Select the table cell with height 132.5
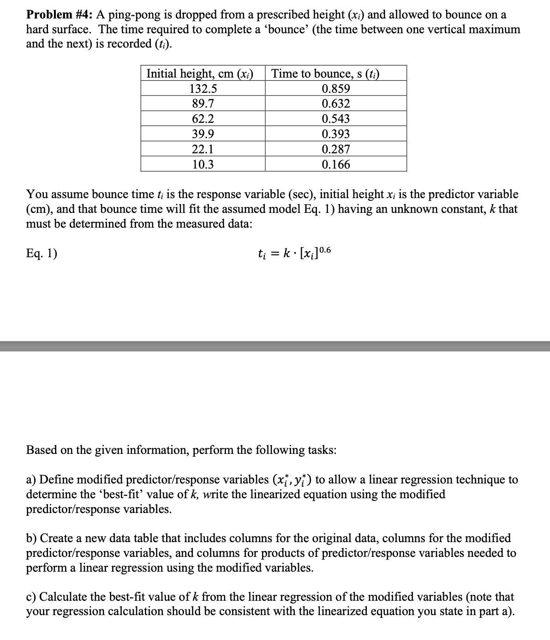[x=203, y=89]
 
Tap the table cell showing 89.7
[x=203, y=103]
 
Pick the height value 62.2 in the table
[x=203, y=119]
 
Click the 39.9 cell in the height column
[x=203, y=134]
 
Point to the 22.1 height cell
[x=203, y=149]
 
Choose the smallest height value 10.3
[x=203, y=164]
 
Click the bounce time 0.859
[x=336, y=89]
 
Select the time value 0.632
[x=336, y=103]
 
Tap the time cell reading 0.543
[x=336, y=119]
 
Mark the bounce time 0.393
[x=336, y=134]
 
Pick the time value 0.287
[x=336, y=149]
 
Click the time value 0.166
[x=336, y=164]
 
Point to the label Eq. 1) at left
[x=42, y=254]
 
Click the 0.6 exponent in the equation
[x=325, y=250]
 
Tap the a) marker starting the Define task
[x=31, y=480]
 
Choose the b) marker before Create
[x=31, y=538]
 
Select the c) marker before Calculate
[x=31, y=597]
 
